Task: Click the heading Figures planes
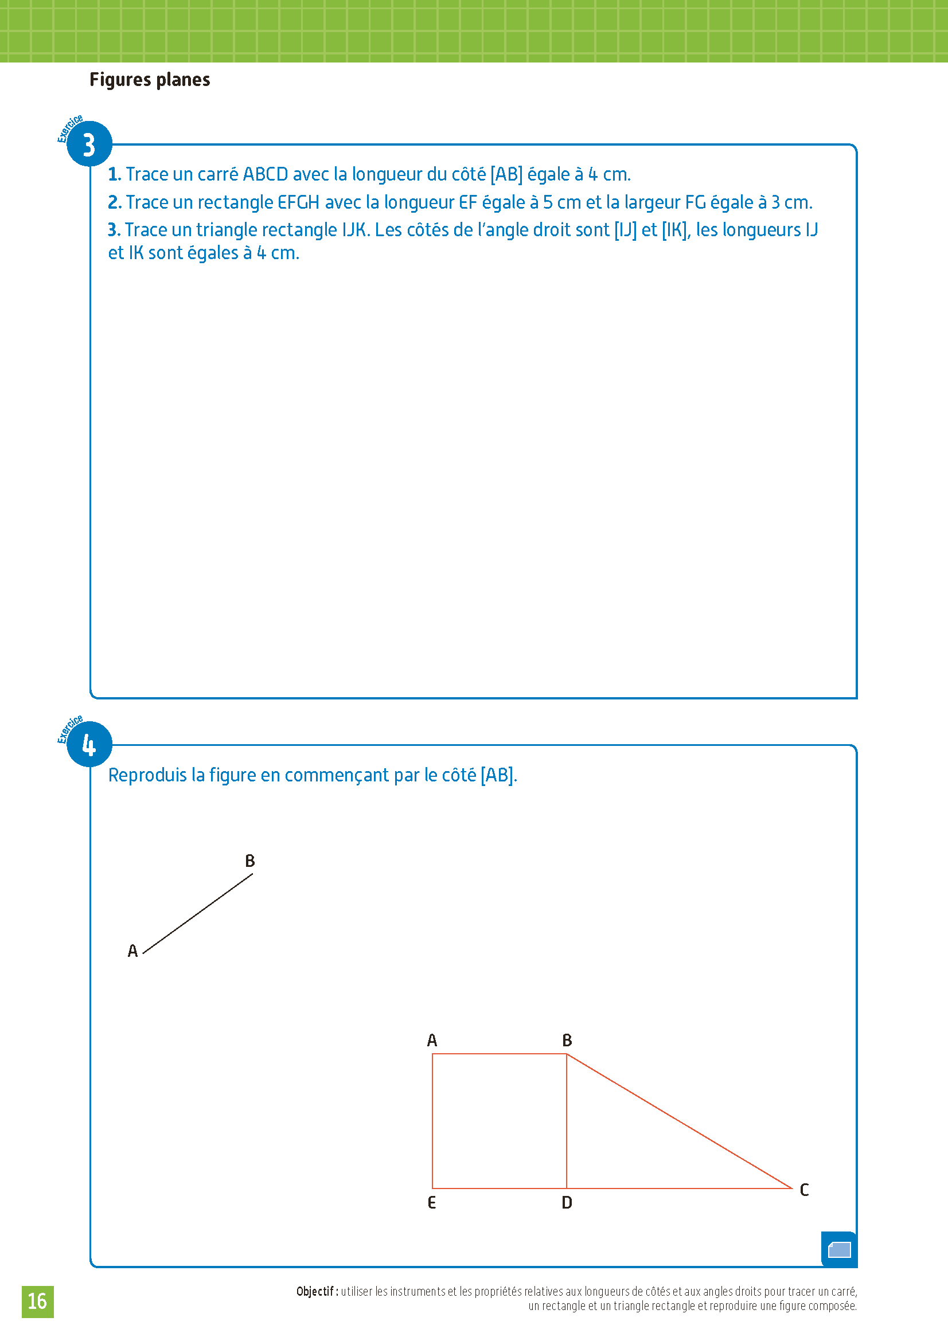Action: pyautogui.click(x=150, y=80)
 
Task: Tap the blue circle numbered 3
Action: pyautogui.click(x=89, y=144)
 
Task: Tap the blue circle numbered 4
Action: pyautogui.click(x=89, y=745)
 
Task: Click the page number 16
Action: pyautogui.click(x=37, y=1301)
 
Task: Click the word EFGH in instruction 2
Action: pyautogui.click(x=298, y=202)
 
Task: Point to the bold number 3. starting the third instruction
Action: pyautogui.click(x=114, y=229)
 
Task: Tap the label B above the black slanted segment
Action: pyautogui.click(x=250, y=861)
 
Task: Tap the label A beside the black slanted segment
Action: pyautogui.click(x=132, y=951)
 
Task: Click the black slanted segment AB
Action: pyautogui.click(x=197, y=913)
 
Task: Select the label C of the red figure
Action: pyautogui.click(x=804, y=1190)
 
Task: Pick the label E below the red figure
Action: pyautogui.click(x=432, y=1203)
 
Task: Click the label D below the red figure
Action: pyautogui.click(x=567, y=1203)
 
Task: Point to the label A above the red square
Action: pyautogui.click(x=432, y=1040)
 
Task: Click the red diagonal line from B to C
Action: pyautogui.click(x=679, y=1121)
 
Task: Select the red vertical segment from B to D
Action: pyautogui.click(x=567, y=1121)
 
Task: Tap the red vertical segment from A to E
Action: pyautogui.click(x=432, y=1121)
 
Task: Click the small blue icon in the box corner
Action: pyautogui.click(x=840, y=1250)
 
